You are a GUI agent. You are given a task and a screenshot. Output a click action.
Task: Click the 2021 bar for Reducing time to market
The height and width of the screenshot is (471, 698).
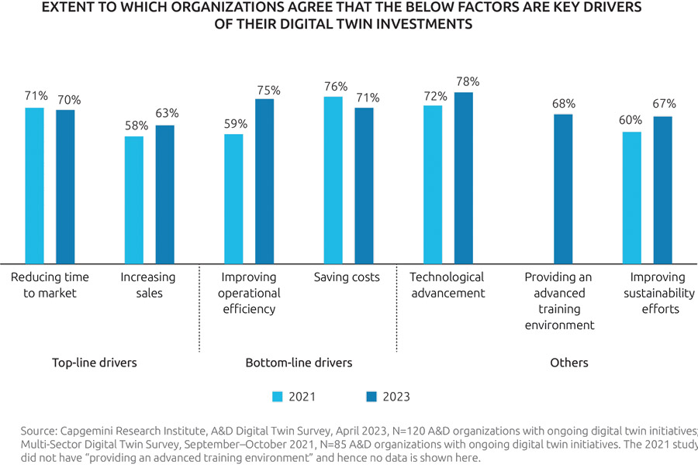(35, 185)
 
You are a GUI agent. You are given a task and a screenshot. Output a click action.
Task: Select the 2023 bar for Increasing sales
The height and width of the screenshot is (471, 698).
(164, 194)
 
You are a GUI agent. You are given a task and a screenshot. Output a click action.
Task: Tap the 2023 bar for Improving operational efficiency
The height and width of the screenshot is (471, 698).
(264, 180)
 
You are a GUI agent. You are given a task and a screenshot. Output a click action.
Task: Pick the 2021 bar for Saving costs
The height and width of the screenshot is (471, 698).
(333, 180)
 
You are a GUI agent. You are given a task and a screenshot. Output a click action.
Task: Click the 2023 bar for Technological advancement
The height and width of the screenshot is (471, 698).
(463, 177)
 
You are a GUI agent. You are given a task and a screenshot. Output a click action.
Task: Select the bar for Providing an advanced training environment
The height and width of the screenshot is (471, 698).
(563, 188)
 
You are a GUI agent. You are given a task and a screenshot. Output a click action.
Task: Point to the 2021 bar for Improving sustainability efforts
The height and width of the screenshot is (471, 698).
(632, 198)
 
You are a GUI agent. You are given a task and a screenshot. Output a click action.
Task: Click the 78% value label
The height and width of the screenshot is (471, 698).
(468, 81)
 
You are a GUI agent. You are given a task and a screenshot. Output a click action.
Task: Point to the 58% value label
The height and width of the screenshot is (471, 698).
(134, 125)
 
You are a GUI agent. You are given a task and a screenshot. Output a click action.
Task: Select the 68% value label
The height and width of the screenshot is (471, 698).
(564, 103)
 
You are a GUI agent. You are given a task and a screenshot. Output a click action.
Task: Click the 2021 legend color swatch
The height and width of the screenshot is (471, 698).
(278, 397)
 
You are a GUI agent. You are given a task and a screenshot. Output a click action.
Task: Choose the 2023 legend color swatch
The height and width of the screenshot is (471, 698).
(370, 397)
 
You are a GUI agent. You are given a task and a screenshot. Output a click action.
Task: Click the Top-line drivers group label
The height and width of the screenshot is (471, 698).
(94, 363)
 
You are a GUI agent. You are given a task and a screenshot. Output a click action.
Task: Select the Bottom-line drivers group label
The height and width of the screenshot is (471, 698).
(299, 363)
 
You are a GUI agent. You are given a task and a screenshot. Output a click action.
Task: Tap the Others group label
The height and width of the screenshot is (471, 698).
(569, 363)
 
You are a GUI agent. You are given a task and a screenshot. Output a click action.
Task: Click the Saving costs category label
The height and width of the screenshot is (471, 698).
(347, 277)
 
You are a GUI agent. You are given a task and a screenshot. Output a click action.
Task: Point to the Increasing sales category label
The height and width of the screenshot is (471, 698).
(148, 285)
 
